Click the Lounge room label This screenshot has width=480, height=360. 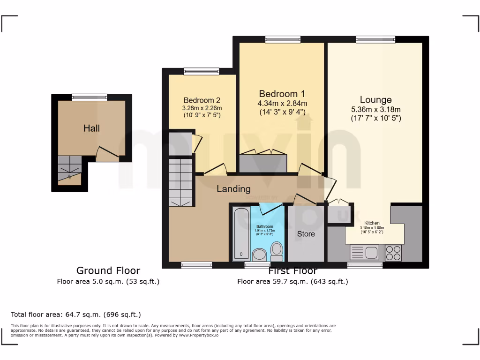coord(375,100)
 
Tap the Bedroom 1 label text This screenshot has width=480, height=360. coord(282,93)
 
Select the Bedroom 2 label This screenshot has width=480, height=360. coord(202,100)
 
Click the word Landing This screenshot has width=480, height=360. coord(233,189)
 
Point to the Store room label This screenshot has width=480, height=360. coord(306,233)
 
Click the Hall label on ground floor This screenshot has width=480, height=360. coord(91,128)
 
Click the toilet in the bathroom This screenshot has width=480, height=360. coord(277,251)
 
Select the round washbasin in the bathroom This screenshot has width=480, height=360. coord(259,255)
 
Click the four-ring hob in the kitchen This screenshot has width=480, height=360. coord(393,253)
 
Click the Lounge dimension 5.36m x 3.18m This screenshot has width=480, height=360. coord(375,110)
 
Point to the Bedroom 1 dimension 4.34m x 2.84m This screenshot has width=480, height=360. coord(282,103)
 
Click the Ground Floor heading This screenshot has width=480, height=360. coord(108,270)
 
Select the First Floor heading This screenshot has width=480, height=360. coord(292,271)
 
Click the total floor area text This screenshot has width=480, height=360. coord(75,315)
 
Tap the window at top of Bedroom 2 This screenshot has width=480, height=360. coord(201,71)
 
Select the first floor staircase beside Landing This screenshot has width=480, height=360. coord(180,182)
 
